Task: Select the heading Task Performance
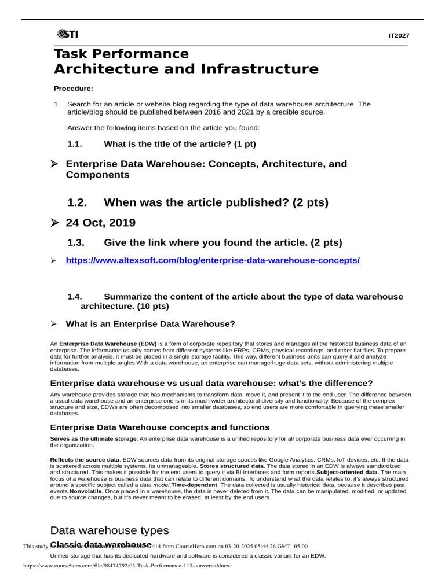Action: pos(121,54)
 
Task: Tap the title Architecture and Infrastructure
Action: pos(186,69)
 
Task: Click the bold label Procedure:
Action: pos(74,89)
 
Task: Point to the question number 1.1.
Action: pos(76,143)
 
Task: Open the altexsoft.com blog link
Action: pos(213,261)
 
